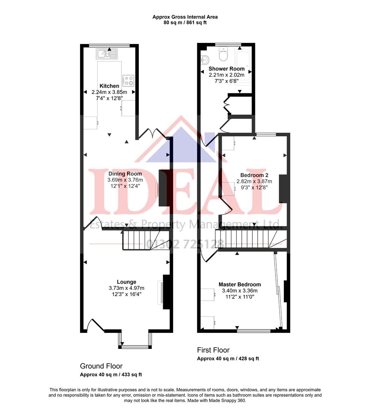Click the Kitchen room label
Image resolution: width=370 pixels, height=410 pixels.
[109, 86]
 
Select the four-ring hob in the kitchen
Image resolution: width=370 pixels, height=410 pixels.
[128, 80]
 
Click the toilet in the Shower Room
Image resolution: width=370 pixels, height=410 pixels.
[223, 55]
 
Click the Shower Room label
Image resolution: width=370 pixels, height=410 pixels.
[227, 69]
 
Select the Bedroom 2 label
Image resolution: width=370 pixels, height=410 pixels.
[252, 175]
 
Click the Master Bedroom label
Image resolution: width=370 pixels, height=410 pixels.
[239, 284]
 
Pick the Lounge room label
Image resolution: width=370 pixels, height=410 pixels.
[126, 282]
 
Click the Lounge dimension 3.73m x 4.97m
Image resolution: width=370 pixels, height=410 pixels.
[126, 288]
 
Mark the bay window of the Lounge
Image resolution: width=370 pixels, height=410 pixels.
[135, 346]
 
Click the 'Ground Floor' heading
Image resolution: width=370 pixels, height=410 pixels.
[101, 366]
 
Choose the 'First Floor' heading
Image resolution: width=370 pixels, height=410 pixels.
[213, 350]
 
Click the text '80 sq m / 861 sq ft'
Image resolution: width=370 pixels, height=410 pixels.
[185, 22]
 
